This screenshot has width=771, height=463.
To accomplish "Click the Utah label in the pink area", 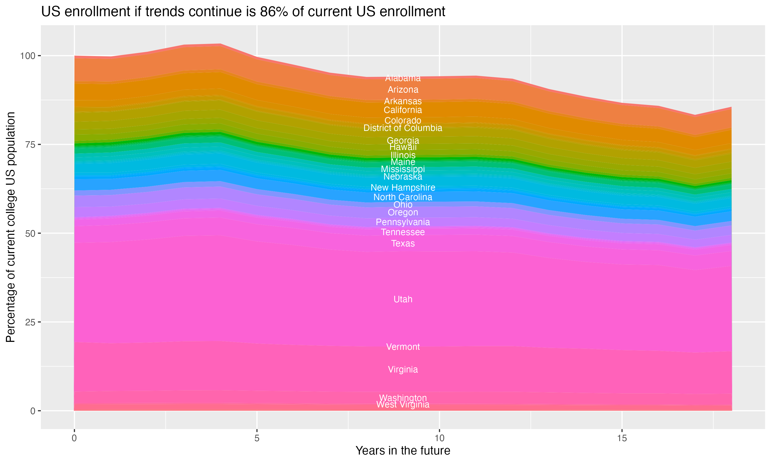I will tap(403, 299).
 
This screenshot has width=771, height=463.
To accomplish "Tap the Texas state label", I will tap(403, 243).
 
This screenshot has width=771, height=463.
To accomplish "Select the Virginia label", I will tap(403, 369).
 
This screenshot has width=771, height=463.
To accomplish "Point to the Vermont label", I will tap(403, 347).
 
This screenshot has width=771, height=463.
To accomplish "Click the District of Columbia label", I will tap(403, 128).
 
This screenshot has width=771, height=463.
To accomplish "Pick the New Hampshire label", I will tap(403, 188).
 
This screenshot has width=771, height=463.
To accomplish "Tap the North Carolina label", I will tap(403, 197).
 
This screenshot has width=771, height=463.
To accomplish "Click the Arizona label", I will tap(403, 90).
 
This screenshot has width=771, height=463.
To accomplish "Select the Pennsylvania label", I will tap(403, 222).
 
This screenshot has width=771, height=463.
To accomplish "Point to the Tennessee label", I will tap(403, 232).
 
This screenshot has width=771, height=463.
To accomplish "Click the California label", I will tap(403, 110).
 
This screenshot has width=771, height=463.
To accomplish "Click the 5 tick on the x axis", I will tap(256, 438).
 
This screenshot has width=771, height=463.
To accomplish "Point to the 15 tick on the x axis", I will tap(622, 438).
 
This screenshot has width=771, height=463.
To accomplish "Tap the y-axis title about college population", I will tap(11, 227).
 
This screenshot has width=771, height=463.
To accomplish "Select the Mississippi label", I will tap(403, 169).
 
